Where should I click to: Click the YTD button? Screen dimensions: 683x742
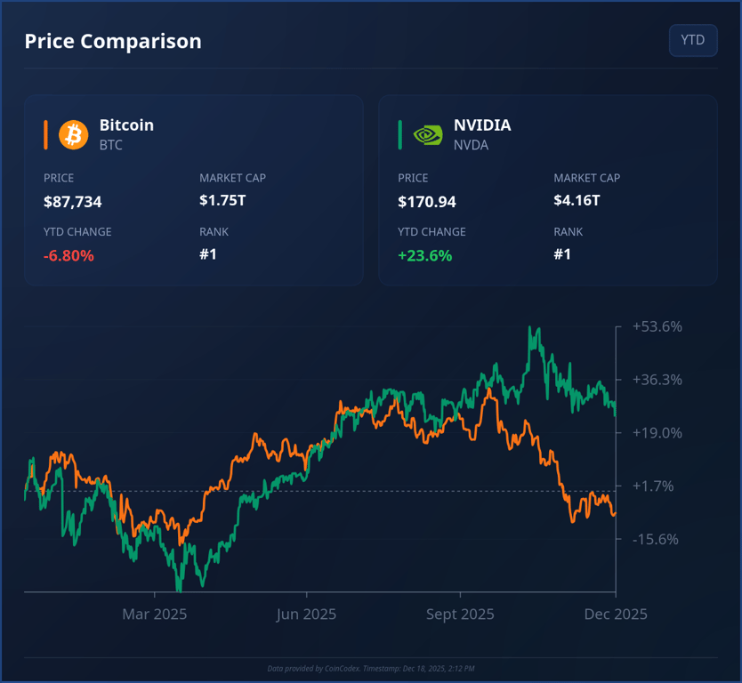(x=692, y=40)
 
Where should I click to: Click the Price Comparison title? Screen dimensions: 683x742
(x=113, y=41)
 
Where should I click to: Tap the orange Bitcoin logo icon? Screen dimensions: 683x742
(x=74, y=134)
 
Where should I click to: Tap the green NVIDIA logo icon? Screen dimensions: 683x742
(x=428, y=134)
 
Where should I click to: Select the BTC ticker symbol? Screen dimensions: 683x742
(x=111, y=145)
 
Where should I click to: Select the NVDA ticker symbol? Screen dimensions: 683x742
(x=471, y=145)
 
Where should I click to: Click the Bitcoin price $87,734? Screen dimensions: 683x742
(x=73, y=202)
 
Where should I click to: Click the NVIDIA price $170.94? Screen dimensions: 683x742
(x=427, y=202)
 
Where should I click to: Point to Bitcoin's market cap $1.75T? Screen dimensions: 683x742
(x=222, y=200)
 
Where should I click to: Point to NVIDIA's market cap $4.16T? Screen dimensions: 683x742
(x=577, y=200)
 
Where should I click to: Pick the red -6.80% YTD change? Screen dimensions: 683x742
(x=69, y=256)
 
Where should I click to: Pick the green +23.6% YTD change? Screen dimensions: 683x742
(x=424, y=256)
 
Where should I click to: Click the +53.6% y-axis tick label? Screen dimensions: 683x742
(x=657, y=326)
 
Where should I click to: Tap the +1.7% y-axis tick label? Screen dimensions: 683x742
(x=654, y=486)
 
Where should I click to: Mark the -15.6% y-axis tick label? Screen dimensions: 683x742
(x=656, y=539)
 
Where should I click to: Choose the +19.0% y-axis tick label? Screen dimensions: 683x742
(x=657, y=433)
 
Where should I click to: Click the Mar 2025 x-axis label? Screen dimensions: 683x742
(x=155, y=614)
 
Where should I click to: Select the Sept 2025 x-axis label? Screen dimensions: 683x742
(x=460, y=614)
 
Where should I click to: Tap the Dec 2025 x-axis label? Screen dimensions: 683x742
(x=616, y=614)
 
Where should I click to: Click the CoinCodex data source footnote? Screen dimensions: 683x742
(x=371, y=669)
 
